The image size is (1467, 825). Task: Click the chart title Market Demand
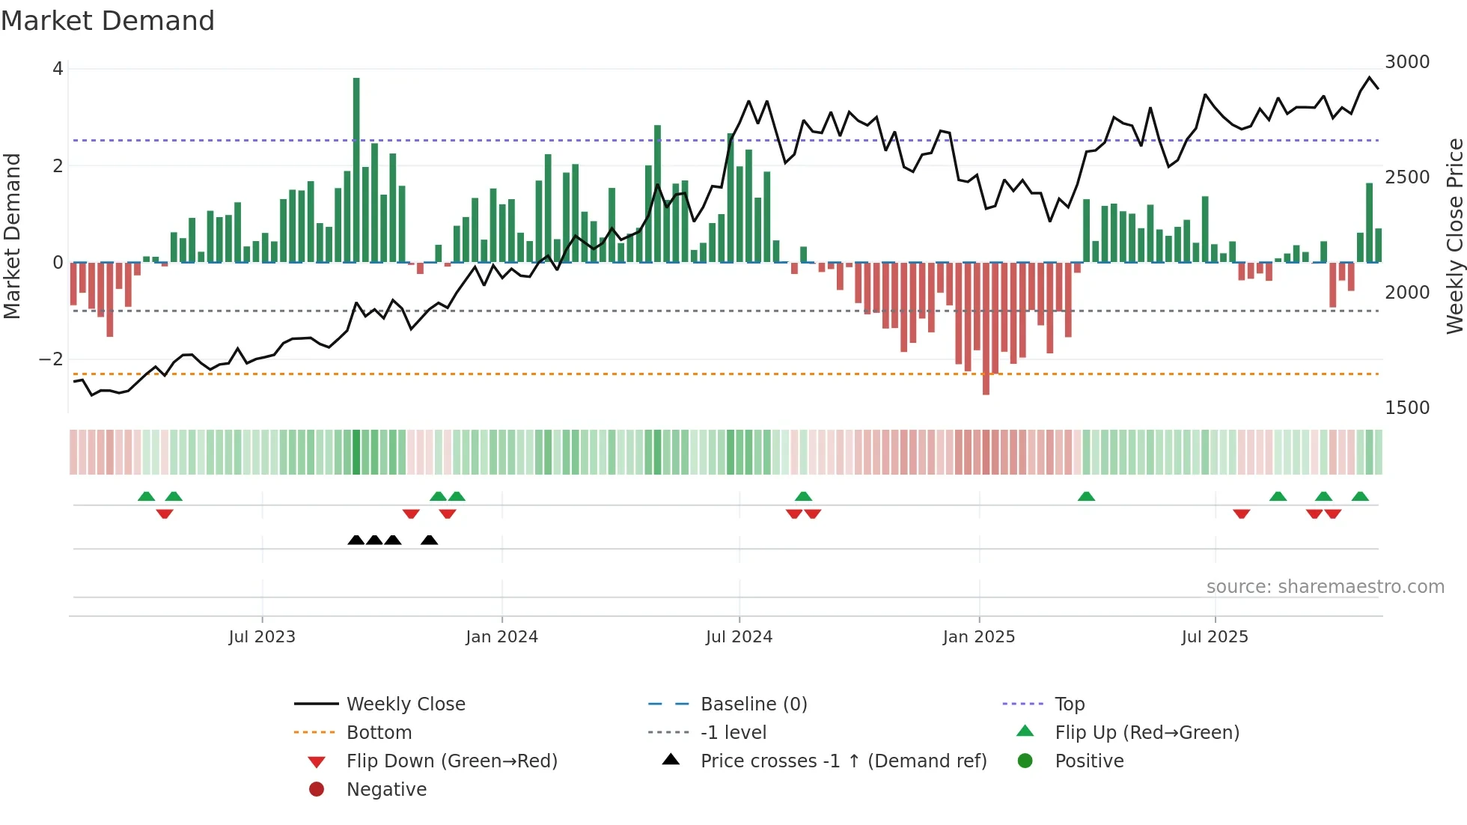point(108,21)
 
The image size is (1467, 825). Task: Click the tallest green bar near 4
point(356,169)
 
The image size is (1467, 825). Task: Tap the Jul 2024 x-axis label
point(739,636)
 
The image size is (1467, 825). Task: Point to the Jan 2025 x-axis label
point(978,636)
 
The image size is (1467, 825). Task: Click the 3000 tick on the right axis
point(1407,62)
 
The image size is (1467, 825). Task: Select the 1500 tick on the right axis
point(1407,408)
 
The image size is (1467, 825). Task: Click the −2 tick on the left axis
point(51,359)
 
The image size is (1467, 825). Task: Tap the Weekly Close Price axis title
point(1454,236)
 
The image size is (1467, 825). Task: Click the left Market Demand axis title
point(12,236)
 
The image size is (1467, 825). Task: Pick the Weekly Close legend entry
point(406,704)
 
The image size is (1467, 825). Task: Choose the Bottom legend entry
point(379,732)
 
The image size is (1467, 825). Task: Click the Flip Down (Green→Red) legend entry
point(451,761)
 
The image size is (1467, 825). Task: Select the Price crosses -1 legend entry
point(843,761)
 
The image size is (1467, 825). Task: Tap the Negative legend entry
point(386,789)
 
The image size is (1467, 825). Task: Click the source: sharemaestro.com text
point(1325,587)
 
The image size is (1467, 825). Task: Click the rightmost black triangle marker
point(429,540)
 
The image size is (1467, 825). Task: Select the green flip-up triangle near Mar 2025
point(1086,496)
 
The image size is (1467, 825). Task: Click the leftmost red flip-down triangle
point(165,514)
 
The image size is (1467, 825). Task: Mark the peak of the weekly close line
point(1370,78)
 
